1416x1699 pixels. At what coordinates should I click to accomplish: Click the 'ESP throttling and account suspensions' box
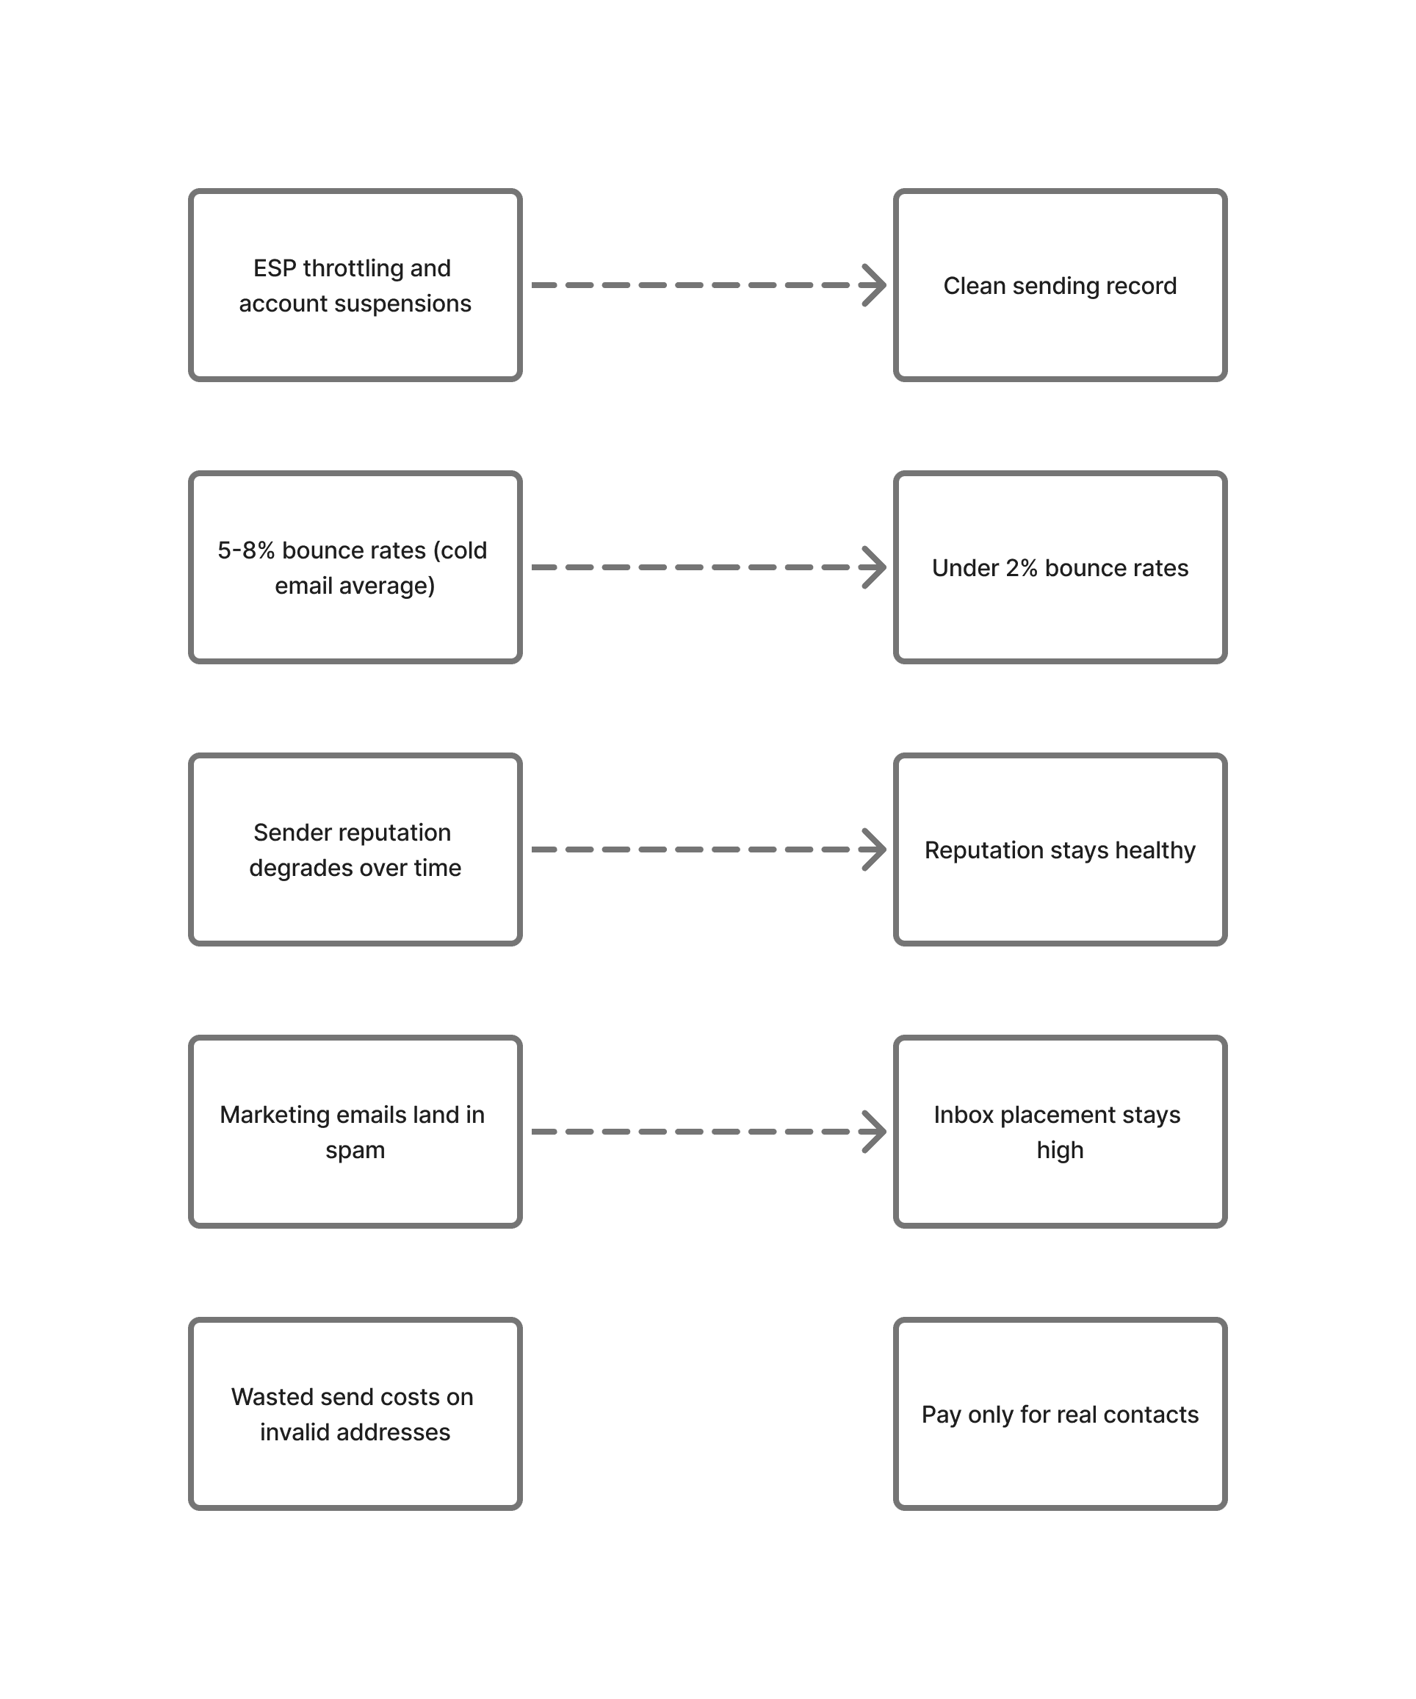coord(355,285)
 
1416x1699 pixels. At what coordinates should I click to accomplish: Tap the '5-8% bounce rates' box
coord(355,567)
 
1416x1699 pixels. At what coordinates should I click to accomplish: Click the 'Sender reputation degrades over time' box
coord(355,849)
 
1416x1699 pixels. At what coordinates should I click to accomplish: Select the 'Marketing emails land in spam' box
coord(355,1131)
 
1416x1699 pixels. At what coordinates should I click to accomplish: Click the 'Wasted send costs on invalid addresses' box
coord(355,1413)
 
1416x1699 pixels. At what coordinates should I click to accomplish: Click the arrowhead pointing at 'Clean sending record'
coord(875,285)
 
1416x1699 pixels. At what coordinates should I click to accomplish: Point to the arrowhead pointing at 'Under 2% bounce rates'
coord(875,567)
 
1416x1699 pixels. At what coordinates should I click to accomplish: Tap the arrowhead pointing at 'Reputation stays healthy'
coord(875,849)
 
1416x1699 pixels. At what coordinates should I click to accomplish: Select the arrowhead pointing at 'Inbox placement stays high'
coord(875,1131)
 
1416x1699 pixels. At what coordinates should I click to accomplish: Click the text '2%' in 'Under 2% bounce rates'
coord(1021,568)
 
